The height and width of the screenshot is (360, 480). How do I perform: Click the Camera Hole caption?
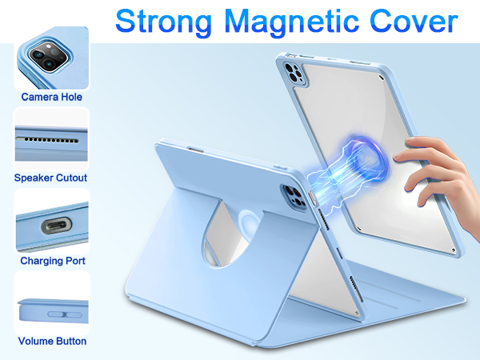[x=52, y=97]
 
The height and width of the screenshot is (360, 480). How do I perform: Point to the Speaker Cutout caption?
[x=51, y=178]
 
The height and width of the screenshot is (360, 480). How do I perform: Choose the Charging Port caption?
[x=52, y=261]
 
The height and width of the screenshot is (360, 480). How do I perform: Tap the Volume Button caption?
[x=52, y=342]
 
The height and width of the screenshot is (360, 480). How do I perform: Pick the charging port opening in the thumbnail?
[x=53, y=223]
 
